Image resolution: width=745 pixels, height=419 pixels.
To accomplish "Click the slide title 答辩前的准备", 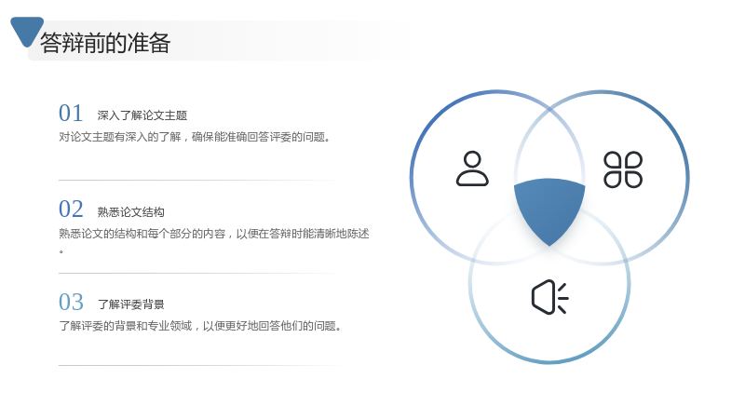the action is click(x=105, y=43).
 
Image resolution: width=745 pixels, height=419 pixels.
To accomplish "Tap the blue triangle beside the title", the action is click(x=27, y=31).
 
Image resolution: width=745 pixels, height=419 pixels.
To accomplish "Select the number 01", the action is click(x=71, y=113).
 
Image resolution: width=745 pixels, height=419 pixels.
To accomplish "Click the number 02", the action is click(x=71, y=209).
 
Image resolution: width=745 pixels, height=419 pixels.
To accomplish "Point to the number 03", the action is click(x=71, y=302).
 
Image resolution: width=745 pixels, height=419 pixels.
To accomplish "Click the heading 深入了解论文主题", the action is click(x=142, y=115).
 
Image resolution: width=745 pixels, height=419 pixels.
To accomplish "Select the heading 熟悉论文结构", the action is click(x=130, y=212).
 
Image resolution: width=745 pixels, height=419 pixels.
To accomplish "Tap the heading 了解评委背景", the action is click(x=130, y=304).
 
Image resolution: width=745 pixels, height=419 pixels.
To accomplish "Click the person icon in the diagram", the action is click(x=472, y=169).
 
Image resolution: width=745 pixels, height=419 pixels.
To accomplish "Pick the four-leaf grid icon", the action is click(x=623, y=169).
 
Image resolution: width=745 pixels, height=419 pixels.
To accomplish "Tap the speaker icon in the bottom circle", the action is click(x=549, y=297).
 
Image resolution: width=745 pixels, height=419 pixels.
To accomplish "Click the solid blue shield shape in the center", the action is click(x=549, y=209).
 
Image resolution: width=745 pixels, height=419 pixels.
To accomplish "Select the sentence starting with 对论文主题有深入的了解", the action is click(x=195, y=137).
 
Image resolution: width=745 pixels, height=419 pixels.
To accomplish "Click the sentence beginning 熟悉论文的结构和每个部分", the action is click(x=214, y=234).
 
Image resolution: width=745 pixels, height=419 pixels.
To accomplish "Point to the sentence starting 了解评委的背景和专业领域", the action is click(x=200, y=326).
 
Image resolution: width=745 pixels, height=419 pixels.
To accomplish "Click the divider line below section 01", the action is click(x=199, y=180).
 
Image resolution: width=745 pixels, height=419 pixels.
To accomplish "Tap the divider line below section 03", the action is click(x=199, y=365).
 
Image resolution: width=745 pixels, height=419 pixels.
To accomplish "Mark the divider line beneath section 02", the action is click(x=199, y=273).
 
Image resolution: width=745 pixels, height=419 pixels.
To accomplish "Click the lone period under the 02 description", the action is click(x=61, y=251).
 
